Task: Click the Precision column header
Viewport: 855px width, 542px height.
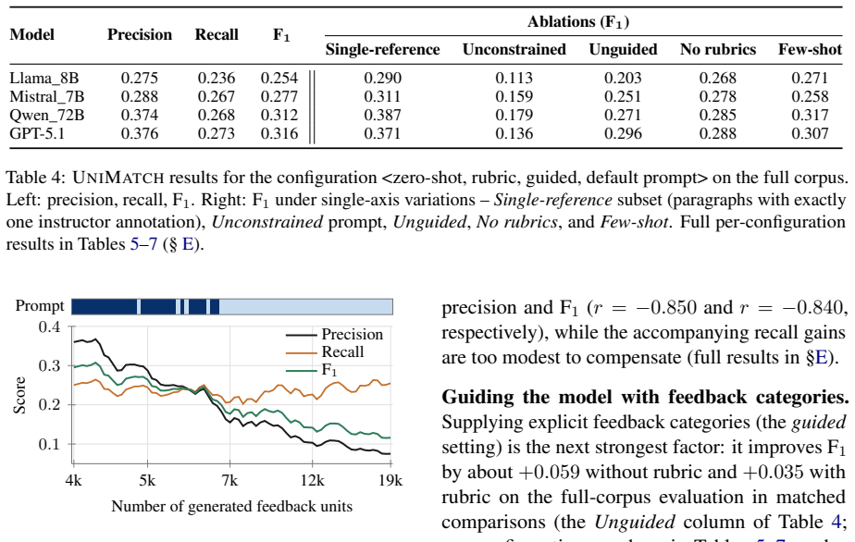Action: point(140,35)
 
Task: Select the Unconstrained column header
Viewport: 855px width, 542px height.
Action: point(514,50)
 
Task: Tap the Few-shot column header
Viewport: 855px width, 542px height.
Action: point(810,50)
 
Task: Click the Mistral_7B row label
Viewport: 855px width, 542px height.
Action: point(47,97)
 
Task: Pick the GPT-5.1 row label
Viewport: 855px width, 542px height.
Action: point(37,133)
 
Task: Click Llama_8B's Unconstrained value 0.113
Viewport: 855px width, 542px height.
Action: point(514,79)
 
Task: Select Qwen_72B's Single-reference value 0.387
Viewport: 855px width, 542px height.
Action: point(382,116)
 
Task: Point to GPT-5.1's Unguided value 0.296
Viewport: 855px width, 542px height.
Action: point(623,133)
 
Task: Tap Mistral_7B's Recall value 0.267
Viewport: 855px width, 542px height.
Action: point(217,97)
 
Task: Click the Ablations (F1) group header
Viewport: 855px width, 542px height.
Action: point(578,22)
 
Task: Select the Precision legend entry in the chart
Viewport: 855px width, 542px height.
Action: point(334,334)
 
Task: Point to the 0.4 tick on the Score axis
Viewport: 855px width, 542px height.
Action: point(49,327)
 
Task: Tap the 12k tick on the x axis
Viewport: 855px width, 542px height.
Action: point(312,480)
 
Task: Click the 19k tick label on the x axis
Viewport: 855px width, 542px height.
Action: point(390,480)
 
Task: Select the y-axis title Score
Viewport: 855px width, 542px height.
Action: point(19,395)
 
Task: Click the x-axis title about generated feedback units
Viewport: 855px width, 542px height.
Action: point(231,507)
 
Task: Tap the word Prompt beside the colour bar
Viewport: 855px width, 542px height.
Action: point(40,306)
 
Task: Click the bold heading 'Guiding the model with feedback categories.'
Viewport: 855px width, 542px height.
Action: point(645,397)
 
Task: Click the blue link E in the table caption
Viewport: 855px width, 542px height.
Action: point(188,244)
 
